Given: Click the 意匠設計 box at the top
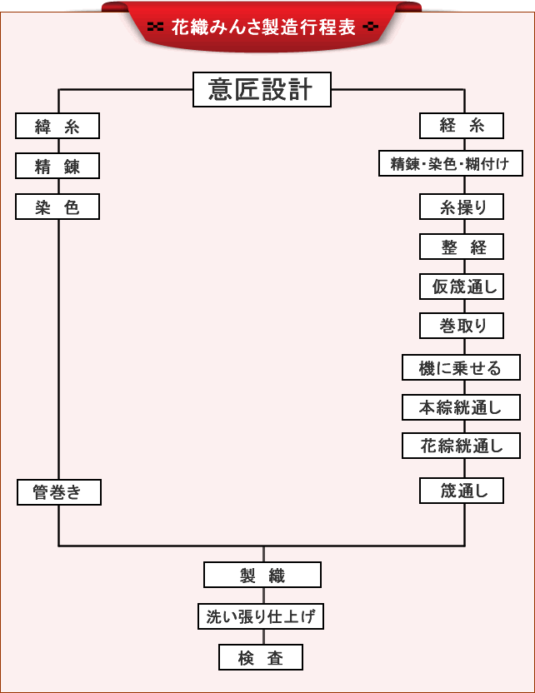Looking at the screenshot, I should pos(262,90).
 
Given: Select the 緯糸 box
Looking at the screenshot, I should pos(57,127).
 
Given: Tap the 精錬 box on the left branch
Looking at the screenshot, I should pos(57,167).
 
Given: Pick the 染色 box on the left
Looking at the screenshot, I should pos(57,207).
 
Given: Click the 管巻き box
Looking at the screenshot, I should pos(59,492).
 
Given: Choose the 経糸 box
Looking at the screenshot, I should pos(462,127).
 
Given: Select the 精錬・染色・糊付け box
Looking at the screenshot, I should pos(451,164).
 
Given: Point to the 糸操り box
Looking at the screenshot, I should pos(462,207).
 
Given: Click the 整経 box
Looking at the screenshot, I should pos(462,247).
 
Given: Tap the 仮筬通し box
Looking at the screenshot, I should pos(462,287).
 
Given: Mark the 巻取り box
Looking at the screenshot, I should pos(462,326).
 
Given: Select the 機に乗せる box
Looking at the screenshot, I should pos(462,367).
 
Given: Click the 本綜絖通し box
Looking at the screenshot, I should pos(462,407).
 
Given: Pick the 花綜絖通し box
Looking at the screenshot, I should pos(462,446).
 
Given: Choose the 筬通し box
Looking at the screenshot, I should pos(462,491).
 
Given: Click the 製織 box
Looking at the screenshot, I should pos(262,575).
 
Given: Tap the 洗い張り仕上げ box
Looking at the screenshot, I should pos(261,616).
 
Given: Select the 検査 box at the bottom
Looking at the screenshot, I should pos(261,658).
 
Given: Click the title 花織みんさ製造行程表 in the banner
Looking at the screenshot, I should pos(262,27).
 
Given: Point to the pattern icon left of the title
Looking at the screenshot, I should pos(154,27).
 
